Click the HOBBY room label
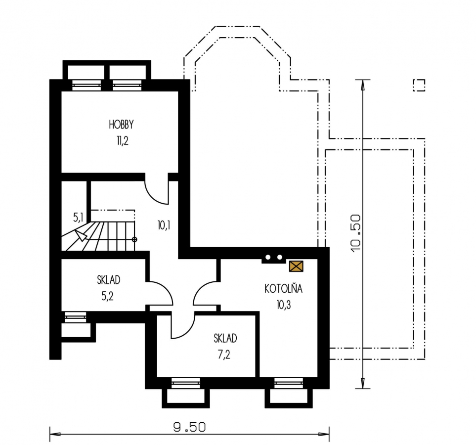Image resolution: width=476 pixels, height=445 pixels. click(x=121, y=125)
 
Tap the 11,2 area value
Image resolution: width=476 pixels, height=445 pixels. click(x=123, y=140)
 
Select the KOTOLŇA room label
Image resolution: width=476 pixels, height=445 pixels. click(x=283, y=288)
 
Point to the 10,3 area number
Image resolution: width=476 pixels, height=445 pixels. click(x=284, y=305)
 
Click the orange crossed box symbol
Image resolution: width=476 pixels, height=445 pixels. click(x=296, y=266)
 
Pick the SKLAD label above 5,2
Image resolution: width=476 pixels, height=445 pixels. click(x=109, y=280)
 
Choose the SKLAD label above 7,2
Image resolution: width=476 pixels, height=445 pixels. click(x=225, y=338)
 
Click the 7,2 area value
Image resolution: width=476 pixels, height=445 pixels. click(x=224, y=355)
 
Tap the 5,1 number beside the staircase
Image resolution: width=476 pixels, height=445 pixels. click(x=78, y=217)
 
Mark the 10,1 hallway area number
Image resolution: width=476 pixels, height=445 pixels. click(x=164, y=225)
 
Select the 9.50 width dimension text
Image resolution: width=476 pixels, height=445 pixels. click(x=189, y=427)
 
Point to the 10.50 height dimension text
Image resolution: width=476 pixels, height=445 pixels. click(x=356, y=233)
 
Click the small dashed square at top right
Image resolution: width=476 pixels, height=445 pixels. click(x=419, y=86)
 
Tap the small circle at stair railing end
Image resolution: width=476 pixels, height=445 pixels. click(x=134, y=239)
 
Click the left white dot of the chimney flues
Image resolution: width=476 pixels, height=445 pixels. click(x=268, y=257)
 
